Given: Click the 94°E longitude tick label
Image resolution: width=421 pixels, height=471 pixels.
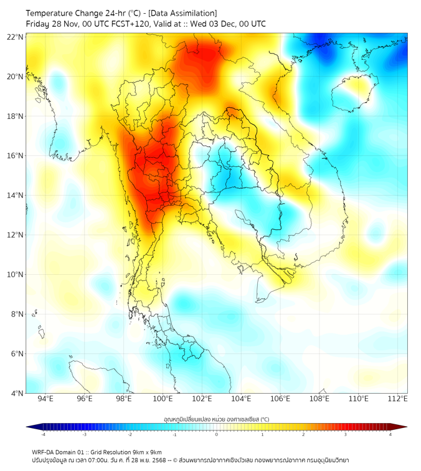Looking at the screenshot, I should click(45, 399).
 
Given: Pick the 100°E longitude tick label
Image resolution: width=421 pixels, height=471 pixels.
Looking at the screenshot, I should click(163, 399).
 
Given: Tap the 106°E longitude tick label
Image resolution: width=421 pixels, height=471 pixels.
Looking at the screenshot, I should click(280, 399).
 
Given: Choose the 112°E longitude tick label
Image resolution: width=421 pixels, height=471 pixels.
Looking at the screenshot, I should click(397, 399).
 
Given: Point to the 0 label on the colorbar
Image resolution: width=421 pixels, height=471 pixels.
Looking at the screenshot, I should click(217, 434).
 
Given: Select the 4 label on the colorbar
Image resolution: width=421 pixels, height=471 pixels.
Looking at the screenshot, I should click(390, 434).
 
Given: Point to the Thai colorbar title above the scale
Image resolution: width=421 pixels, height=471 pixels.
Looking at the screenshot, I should click(216, 419).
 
